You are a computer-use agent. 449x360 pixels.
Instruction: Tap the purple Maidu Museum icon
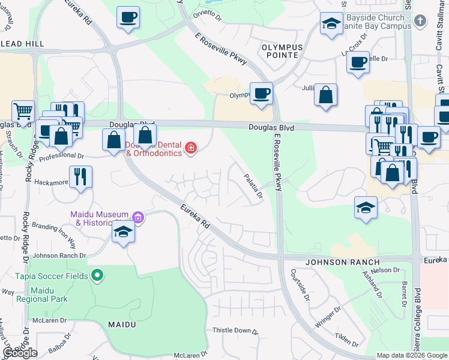tap(139, 217)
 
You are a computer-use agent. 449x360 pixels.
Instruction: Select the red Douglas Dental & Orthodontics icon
tap(191, 148)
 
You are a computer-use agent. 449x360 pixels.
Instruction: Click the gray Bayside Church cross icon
tap(420, 20)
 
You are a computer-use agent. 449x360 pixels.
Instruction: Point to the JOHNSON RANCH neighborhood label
tap(343, 262)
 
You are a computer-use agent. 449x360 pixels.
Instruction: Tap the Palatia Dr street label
tap(253, 186)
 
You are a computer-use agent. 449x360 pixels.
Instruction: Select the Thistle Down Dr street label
tap(236, 331)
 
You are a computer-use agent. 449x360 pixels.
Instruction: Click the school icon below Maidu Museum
tap(123, 232)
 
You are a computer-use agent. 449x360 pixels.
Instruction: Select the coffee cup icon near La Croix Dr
tap(358, 62)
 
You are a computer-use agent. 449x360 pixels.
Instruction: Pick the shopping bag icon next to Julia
tap(325, 95)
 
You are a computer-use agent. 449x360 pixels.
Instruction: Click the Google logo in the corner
tap(20, 353)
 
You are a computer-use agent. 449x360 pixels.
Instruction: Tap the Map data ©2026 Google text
tap(412, 355)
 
